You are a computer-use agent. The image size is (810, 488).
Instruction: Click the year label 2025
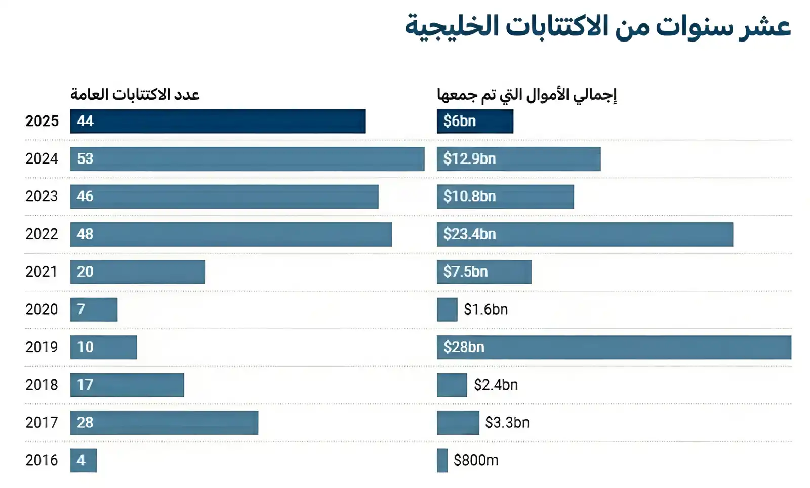point(42,121)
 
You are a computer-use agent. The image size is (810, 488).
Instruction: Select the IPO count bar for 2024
point(247,159)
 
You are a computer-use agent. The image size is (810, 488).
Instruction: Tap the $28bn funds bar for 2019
point(614,347)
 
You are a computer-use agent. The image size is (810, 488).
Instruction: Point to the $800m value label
point(476,460)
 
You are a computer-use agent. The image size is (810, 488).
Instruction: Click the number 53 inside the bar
point(85,159)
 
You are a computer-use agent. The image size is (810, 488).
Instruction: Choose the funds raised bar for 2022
point(585,234)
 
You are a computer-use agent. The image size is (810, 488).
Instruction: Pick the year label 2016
point(42,460)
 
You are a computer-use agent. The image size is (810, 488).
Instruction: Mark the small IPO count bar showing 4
point(84,460)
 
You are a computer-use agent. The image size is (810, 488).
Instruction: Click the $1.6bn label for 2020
point(485,309)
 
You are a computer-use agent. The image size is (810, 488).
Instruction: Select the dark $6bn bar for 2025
point(475,121)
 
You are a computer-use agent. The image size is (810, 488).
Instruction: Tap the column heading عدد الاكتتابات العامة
point(135,95)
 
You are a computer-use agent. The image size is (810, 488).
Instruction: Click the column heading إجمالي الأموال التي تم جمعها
point(526,95)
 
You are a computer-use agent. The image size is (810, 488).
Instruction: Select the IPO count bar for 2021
point(137,272)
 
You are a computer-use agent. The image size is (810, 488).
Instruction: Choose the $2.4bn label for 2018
point(496,385)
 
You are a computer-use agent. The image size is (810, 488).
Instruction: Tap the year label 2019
point(42,347)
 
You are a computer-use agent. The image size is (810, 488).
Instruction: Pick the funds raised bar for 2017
point(458,423)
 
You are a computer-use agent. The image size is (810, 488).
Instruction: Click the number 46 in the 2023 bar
point(85,196)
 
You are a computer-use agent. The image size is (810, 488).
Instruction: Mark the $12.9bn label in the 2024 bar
point(469,159)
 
